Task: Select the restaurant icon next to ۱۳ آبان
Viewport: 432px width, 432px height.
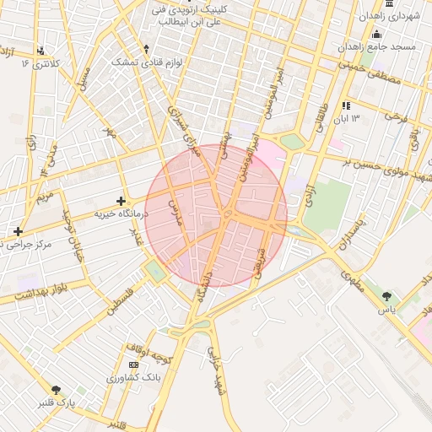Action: (346, 106)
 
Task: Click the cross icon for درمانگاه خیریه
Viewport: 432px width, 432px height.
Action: (121, 202)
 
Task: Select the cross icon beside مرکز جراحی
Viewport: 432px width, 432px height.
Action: (18, 230)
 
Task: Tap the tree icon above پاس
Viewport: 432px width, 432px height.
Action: (386, 296)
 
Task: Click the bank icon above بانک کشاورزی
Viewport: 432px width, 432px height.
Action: (133, 364)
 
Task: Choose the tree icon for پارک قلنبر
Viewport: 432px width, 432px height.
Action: (57, 390)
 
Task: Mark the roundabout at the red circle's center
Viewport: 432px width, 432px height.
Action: (227, 216)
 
